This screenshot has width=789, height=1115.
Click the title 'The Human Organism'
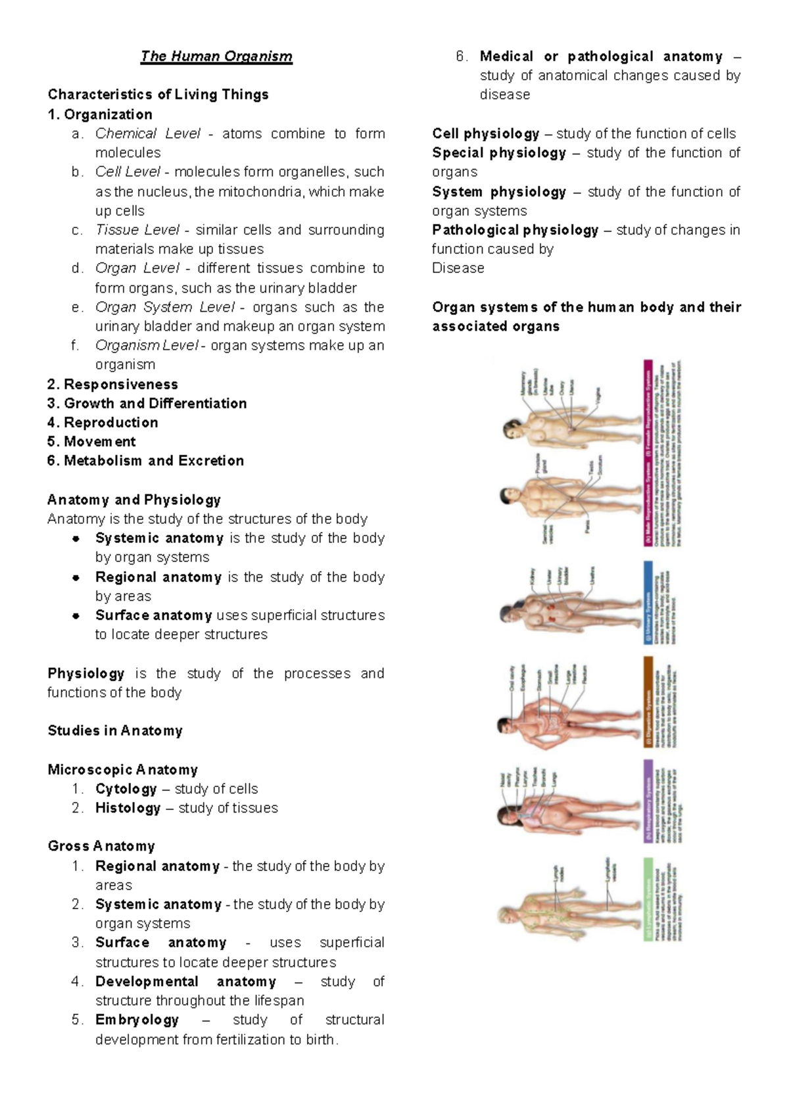click(216, 57)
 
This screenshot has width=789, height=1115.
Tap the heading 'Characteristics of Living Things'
click(158, 95)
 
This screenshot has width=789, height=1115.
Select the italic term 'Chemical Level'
click(147, 133)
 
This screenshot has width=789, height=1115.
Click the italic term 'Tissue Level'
click(137, 230)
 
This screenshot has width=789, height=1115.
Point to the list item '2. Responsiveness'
click(112, 385)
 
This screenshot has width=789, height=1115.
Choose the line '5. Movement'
click(91, 442)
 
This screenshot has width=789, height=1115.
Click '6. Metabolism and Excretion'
click(145, 461)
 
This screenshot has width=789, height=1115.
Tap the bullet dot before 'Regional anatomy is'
click(76, 577)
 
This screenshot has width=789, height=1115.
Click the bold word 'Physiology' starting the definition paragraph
click(85, 673)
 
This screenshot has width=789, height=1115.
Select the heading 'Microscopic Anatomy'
click(122, 770)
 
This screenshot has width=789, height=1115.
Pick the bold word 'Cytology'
click(126, 789)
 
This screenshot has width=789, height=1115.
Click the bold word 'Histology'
click(128, 808)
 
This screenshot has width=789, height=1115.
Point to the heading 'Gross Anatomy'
click(101, 846)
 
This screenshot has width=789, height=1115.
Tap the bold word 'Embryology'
click(137, 1020)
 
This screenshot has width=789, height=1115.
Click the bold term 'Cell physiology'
click(485, 133)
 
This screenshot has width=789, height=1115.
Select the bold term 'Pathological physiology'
click(515, 230)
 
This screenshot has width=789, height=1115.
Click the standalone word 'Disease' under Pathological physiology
click(458, 268)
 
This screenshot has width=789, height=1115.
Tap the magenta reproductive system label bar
click(648, 454)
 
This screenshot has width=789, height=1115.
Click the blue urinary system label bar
click(648, 602)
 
